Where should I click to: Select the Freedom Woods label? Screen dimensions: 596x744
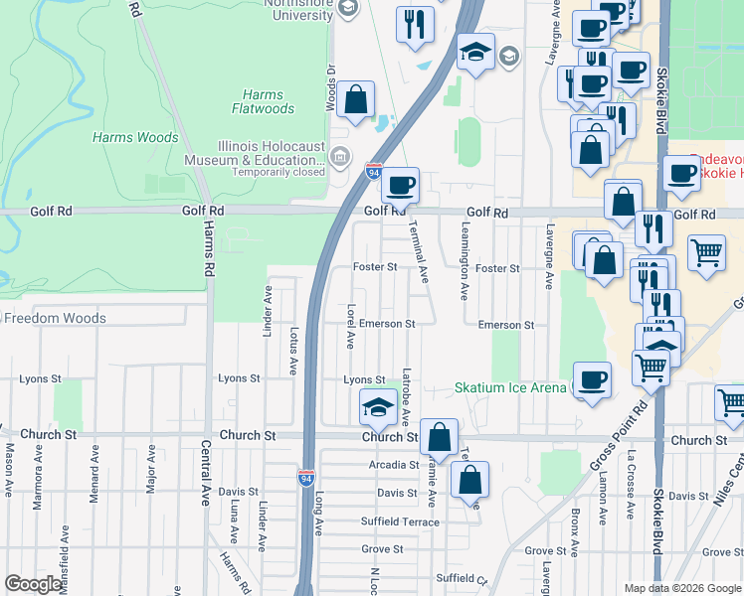(x=55, y=319)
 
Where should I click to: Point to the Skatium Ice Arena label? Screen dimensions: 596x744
(x=511, y=387)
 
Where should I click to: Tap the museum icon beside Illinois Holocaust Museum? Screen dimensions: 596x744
(x=340, y=156)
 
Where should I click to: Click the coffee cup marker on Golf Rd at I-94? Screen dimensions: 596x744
(x=400, y=185)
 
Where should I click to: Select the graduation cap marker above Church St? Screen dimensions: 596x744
(x=377, y=407)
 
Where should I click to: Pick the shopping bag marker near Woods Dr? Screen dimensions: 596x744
(x=355, y=100)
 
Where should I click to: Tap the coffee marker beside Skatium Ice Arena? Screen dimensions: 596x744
(x=593, y=379)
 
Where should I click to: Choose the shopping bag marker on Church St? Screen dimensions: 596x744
(x=439, y=436)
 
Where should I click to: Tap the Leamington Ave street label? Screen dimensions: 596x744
(x=464, y=268)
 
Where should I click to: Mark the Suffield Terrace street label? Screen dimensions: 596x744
(x=401, y=521)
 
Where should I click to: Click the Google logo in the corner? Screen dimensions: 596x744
(x=34, y=584)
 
